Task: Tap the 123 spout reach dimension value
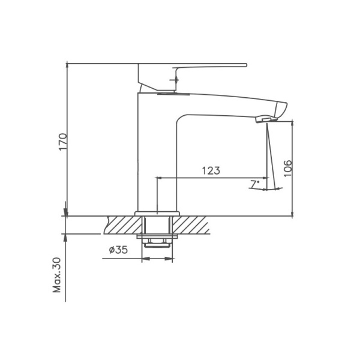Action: [210, 170]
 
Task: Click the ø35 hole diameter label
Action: [118, 251]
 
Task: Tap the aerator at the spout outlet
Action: [263, 120]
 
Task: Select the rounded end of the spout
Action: [283, 109]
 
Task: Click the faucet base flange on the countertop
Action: [157, 213]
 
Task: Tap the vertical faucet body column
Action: [157, 156]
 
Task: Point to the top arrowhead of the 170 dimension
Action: [67, 65]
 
